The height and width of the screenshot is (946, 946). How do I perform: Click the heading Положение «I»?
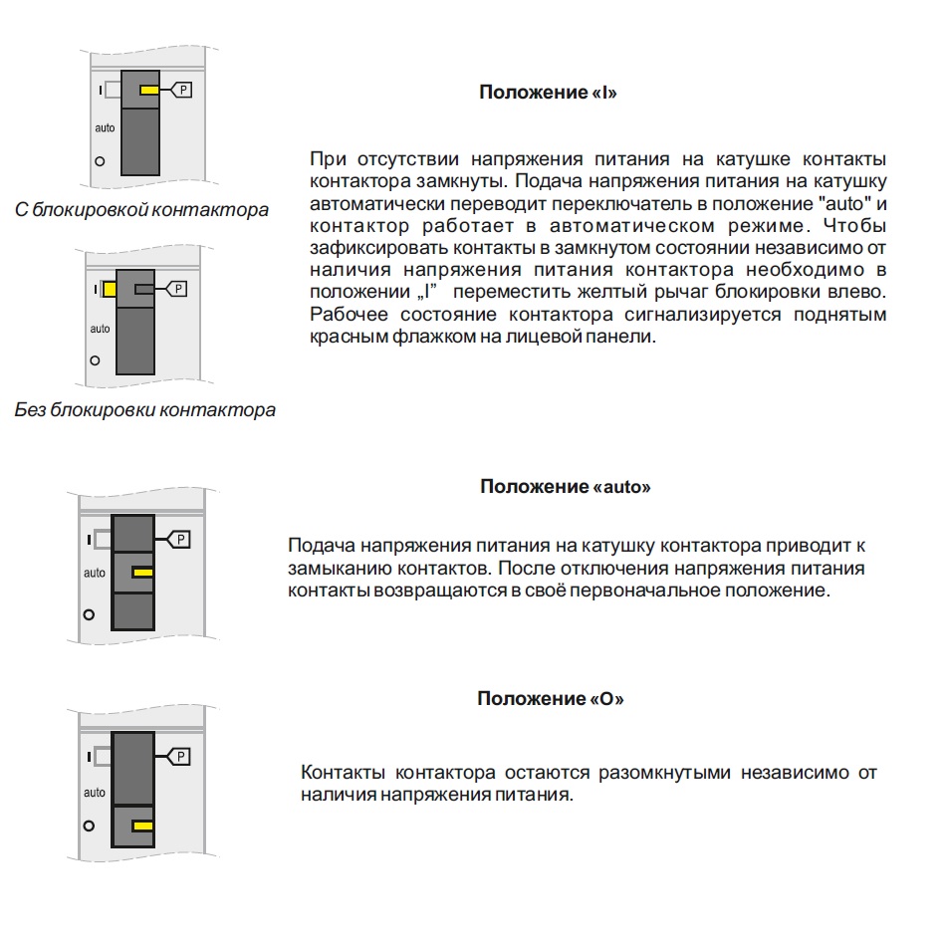click(549, 93)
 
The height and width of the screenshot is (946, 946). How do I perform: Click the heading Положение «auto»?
click(566, 487)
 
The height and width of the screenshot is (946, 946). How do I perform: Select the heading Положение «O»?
click(551, 699)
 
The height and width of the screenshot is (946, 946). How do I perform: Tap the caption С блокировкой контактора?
click(142, 210)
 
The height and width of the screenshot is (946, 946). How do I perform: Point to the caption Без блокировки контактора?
click(145, 409)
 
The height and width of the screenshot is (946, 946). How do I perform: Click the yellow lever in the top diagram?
click(149, 91)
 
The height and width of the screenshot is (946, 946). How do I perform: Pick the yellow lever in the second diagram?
click(109, 289)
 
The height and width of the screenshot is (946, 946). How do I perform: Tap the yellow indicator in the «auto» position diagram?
click(142, 573)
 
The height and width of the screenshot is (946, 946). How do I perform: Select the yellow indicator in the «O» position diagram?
click(142, 827)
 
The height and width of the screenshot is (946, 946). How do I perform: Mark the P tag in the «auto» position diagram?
click(180, 540)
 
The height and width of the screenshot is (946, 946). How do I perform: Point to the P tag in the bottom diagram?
click(180, 758)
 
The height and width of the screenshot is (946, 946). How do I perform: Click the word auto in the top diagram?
click(105, 128)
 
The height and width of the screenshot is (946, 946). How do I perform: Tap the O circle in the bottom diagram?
click(89, 827)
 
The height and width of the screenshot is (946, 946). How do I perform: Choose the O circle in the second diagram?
click(95, 359)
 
